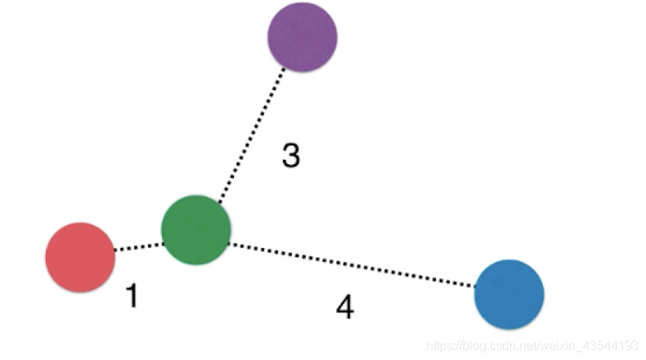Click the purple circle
(302, 37)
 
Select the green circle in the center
(196, 229)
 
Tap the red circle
(80, 257)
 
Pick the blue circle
(509, 293)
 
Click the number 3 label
(291, 157)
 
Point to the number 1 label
(132, 296)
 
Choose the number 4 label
(345, 308)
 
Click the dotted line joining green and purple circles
(253, 132)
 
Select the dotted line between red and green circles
(138, 247)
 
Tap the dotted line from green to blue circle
(352, 266)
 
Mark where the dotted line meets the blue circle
(476, 287)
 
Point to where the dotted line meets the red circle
(114, 250)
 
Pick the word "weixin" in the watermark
(557, 345)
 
